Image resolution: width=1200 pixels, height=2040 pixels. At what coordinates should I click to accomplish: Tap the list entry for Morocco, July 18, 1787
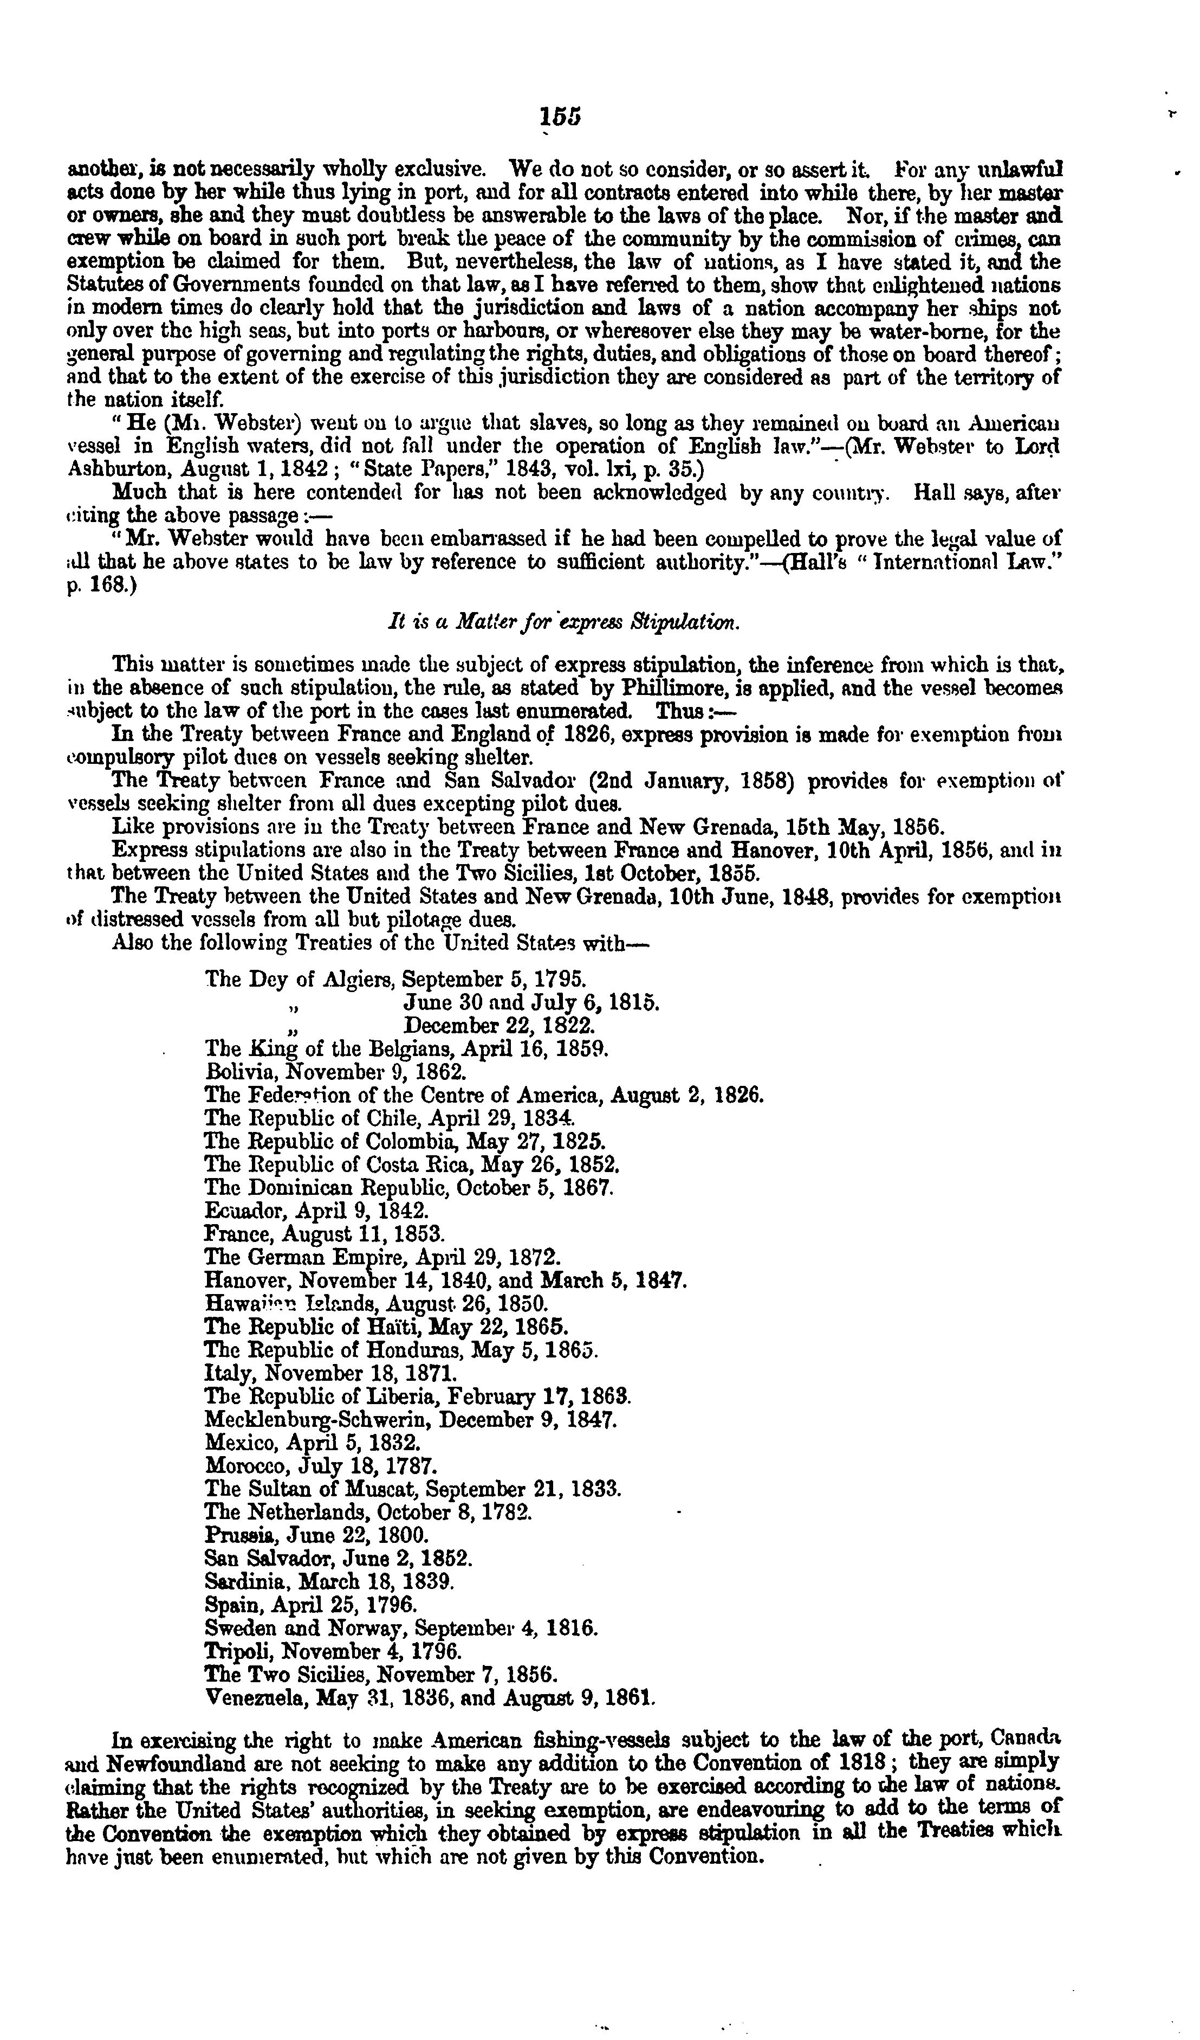point(321,1465)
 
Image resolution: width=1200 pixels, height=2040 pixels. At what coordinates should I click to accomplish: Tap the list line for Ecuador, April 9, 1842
point(316,1211)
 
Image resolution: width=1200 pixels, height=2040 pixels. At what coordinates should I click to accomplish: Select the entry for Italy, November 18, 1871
point(331,1373)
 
